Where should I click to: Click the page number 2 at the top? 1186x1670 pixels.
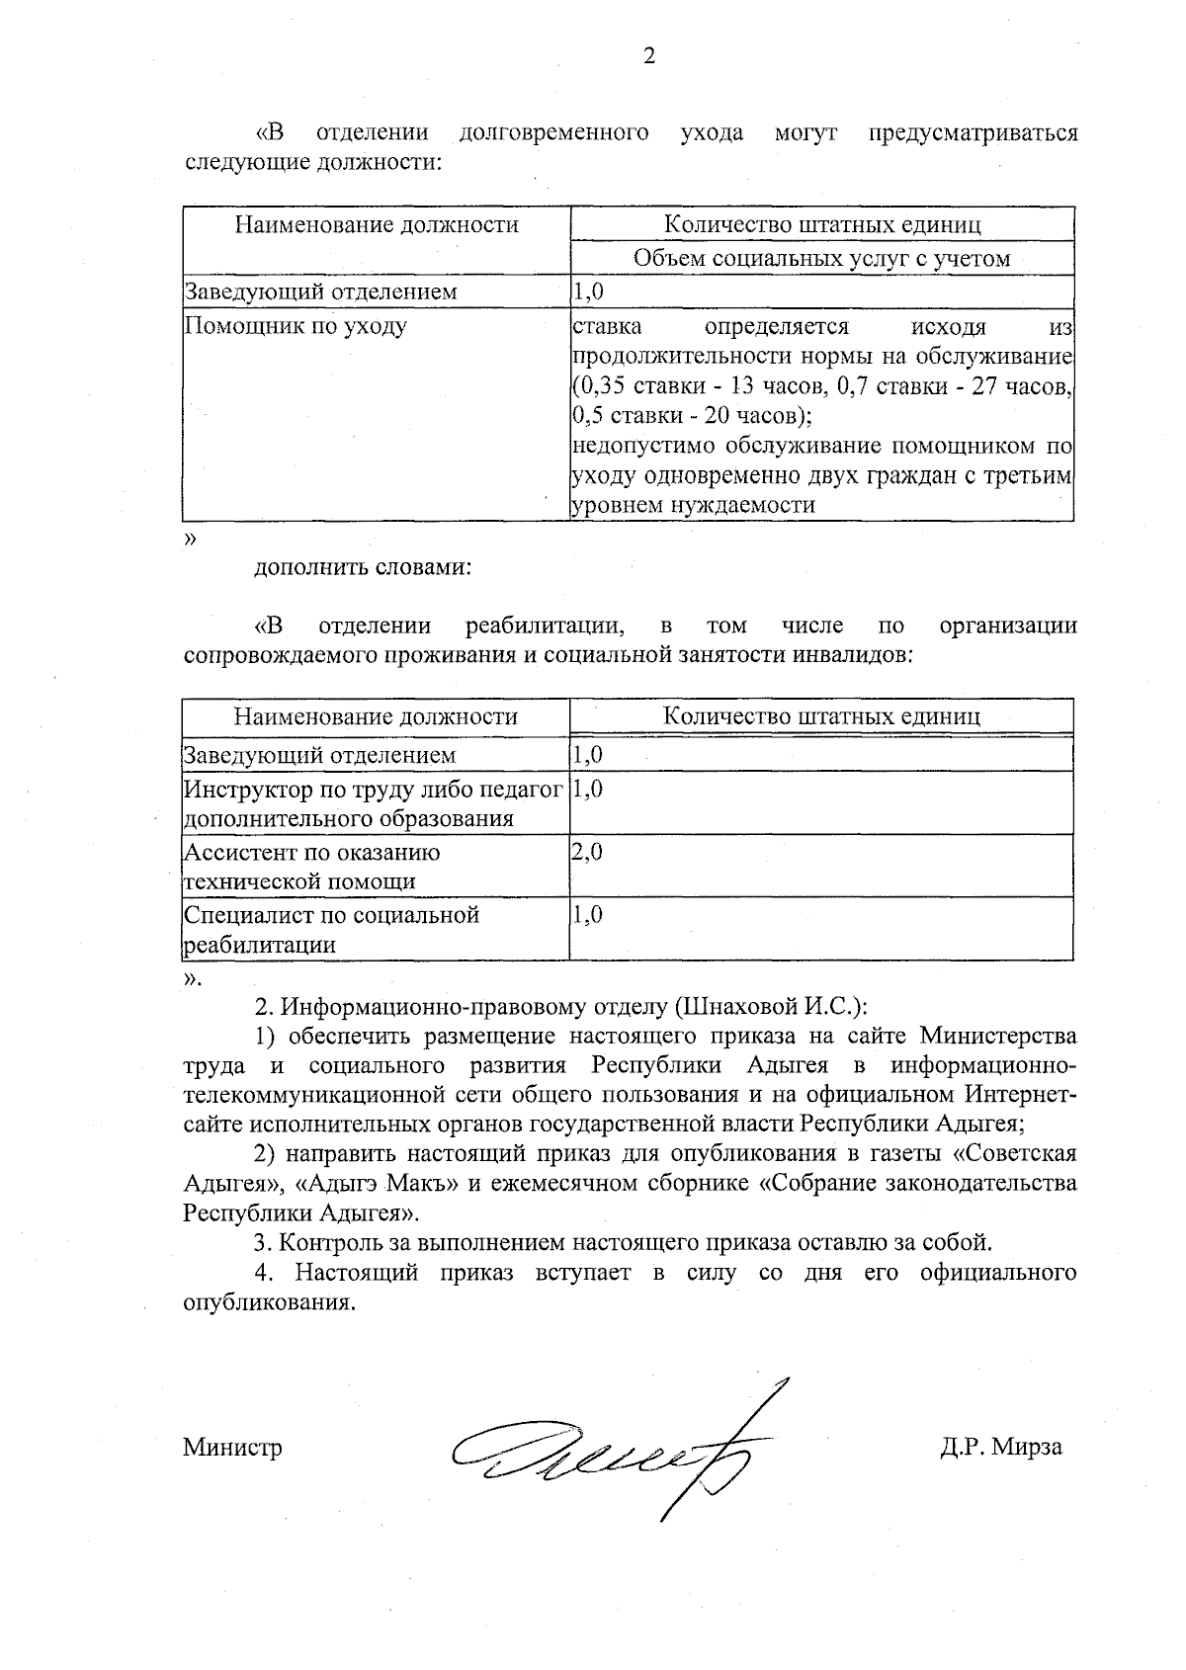tap(648, 56)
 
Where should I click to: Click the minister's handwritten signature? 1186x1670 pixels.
tap(613, 1452)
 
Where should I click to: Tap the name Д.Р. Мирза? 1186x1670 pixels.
tap(1000, 1447)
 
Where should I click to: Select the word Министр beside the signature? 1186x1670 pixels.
tap(232, 1448)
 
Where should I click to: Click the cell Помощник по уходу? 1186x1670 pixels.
tap(296, 326)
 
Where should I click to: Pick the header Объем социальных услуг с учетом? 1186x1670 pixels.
tap(821, 258)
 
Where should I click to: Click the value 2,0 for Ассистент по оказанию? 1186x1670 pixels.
tap(587, 852)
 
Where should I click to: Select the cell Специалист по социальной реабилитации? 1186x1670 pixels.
tap(331, 929)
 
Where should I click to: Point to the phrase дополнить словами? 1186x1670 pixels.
tap(362, 568)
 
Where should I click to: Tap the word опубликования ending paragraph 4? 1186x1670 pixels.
tap(267, 1301)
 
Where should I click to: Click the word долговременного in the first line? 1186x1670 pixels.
tap(553, 132)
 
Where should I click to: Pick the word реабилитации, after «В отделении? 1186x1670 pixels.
tap(545, 626)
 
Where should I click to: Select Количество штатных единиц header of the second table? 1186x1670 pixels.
tap(821, 716)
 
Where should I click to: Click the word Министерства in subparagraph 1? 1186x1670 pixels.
tap(998, 1036)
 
